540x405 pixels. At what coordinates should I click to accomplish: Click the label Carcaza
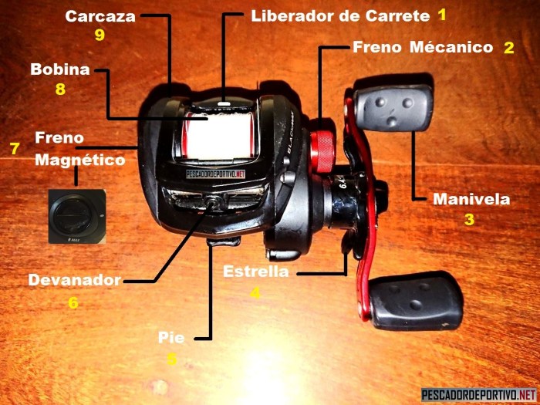100,15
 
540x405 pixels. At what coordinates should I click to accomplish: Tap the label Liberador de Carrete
339,15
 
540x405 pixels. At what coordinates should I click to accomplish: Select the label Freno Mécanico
422,47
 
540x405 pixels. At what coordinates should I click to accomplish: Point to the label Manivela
471,199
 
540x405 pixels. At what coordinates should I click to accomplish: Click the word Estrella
255,272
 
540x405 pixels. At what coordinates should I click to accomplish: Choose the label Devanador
74,280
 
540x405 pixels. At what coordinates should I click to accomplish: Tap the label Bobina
60,69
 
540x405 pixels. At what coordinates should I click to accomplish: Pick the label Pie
171,337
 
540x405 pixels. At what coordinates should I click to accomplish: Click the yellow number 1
442,15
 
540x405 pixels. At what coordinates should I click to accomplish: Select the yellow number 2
508,48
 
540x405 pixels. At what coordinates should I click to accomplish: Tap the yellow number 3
469,219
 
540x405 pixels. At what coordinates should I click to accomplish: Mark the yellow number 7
14,148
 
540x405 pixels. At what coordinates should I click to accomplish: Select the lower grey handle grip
417,300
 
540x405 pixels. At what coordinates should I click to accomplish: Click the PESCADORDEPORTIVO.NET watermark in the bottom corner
478,394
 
